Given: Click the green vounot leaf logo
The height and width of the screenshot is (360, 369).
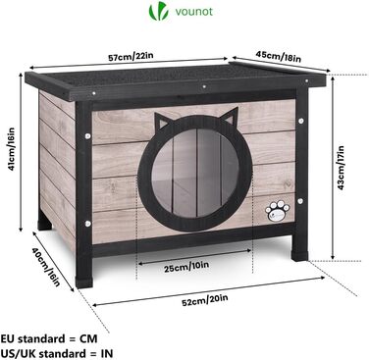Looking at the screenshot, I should point(153,15).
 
